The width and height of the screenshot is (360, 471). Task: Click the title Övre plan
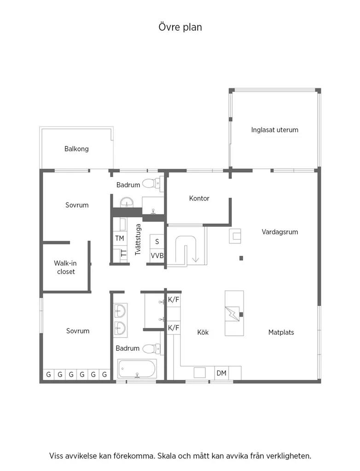[x=180, y=27]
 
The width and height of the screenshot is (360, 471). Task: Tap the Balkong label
[x=76, y=149]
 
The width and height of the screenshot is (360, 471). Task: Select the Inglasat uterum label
[x=274, y=130]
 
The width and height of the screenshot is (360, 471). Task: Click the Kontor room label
[x=199, y=198]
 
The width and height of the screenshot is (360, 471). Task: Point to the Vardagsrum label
[x=280, y=232]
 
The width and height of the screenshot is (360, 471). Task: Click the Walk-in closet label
[x=65, y=267]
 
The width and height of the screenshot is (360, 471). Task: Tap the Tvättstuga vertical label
[x=138, y=239]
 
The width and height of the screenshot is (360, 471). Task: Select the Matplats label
[x=281, y=332]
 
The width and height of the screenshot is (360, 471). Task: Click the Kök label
[x=203, y=332]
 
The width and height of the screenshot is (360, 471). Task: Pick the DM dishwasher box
[x=221, y=373]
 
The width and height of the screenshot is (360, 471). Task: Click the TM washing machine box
[x=120, y=238]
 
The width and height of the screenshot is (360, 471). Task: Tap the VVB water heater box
[x=157, y=256]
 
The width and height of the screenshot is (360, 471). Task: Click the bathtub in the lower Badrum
[x=137, y=368]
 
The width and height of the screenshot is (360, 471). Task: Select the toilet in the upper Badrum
[x=151, y=183]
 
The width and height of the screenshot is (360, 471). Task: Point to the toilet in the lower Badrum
[x=151, y=349]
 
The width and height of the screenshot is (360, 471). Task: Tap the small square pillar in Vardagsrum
[x=241, y=258]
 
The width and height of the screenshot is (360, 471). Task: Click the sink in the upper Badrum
[x=127, y=202]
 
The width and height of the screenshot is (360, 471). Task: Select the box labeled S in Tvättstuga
[x=157, y=241]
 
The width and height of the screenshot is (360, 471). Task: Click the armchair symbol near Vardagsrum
[x=235, y=236]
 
